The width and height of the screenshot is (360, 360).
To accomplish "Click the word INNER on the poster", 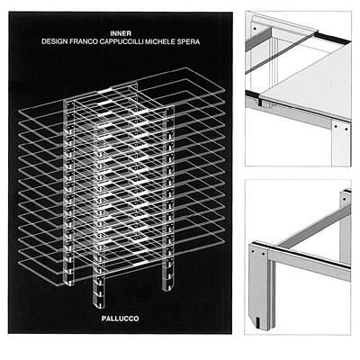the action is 121,33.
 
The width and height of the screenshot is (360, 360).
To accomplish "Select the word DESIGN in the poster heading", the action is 55,41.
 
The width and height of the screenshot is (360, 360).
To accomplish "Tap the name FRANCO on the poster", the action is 84,41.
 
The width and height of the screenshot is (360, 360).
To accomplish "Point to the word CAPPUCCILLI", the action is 121,41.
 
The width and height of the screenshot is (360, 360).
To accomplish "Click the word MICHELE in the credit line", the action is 159,41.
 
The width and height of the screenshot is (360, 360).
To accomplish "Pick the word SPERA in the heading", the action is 187,41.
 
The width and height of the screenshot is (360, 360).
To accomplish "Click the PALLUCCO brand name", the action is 120,319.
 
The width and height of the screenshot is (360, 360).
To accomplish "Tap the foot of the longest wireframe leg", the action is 98,305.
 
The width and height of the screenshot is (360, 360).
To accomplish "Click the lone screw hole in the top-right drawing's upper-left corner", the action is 255,29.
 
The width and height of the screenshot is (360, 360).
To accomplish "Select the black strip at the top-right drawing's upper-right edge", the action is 332,37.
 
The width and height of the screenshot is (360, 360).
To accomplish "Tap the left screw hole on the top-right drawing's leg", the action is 336,127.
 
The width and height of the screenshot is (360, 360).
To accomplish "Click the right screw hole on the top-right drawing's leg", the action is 346,130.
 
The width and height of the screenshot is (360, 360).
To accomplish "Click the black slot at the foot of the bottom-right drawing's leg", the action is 257,322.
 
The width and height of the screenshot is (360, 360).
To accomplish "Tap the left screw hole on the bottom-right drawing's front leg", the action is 253,251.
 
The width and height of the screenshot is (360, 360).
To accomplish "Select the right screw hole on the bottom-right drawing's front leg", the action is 263,254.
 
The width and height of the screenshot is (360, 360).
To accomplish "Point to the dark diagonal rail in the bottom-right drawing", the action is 312,226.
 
